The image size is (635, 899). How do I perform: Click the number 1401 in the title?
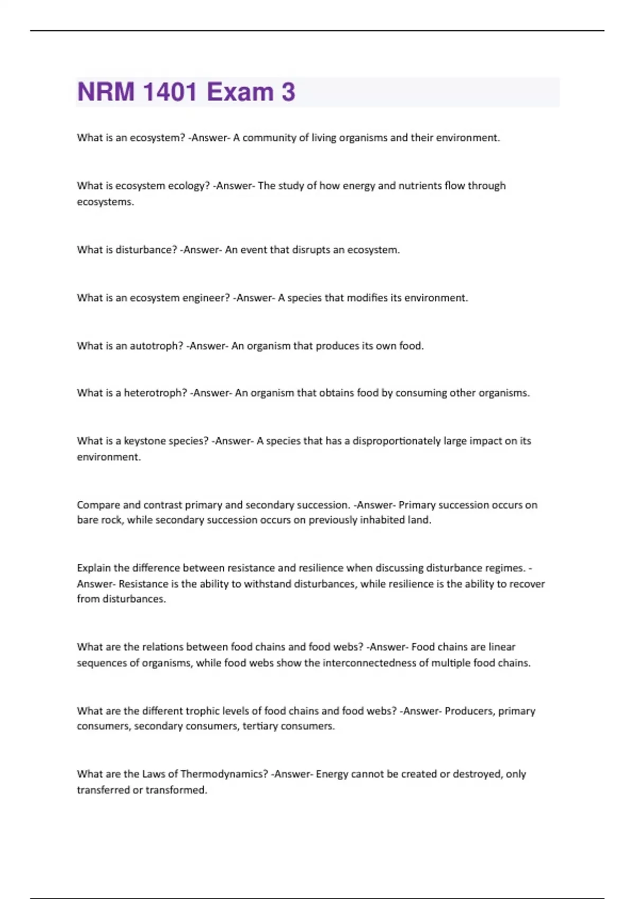tap(170, 92)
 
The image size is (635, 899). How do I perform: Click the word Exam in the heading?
tap(240, 92)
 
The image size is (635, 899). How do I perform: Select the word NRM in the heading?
tap(106, 92)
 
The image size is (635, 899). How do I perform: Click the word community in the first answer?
tap(269, 138)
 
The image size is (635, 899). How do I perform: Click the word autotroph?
tap(157, 346)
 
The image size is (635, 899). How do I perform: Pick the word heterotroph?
tap(156, 393)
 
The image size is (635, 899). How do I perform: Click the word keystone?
tap(144, 441)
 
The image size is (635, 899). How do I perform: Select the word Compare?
tap(98, 505)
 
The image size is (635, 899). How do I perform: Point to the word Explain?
tap(94, 568)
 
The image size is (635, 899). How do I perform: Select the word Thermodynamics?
tap(224, 774)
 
